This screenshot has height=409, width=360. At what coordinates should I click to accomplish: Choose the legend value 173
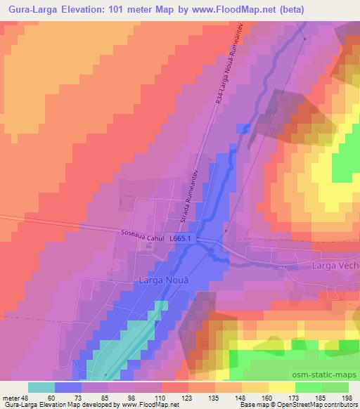293,397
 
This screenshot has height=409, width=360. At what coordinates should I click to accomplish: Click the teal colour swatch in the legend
41,387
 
